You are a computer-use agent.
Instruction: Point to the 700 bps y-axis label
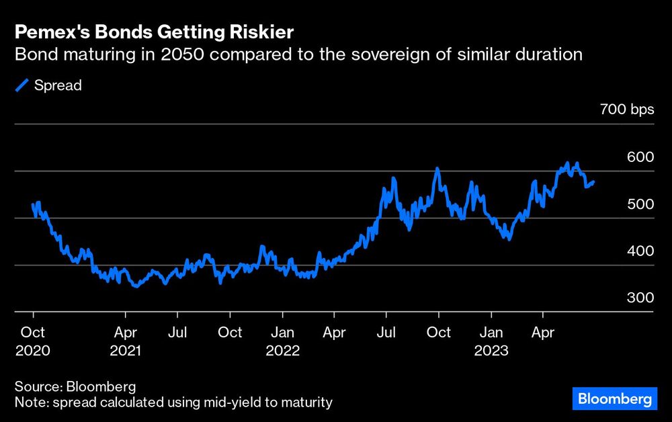[627, 110]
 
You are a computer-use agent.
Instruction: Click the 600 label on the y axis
[640, 157]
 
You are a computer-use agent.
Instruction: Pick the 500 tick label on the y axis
[640, 204]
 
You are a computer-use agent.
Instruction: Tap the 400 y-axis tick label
[640, 251]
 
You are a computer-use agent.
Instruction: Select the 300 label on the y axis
[640, 298]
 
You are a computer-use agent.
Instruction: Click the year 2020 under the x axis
[32, 351]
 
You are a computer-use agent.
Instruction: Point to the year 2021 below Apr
[126, 351]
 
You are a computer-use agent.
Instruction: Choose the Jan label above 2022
[282, 333]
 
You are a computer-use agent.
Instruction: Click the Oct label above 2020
[32, 333]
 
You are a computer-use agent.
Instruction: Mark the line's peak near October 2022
[437, 168]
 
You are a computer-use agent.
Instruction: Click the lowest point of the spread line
[136, 286]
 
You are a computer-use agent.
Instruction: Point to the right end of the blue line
[593, 181]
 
